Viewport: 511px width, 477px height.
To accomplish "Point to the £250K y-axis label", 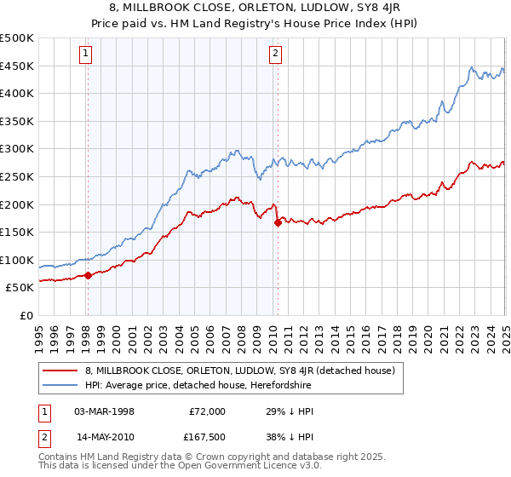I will (17, 176).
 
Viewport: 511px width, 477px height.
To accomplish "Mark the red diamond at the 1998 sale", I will (88, 275).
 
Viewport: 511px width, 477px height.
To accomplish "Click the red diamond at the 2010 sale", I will (278, 223).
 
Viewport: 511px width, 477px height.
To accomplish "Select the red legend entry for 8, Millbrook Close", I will (239, 371).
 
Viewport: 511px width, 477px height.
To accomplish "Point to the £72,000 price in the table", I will (207, 411).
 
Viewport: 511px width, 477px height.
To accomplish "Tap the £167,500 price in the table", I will (204, 440).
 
